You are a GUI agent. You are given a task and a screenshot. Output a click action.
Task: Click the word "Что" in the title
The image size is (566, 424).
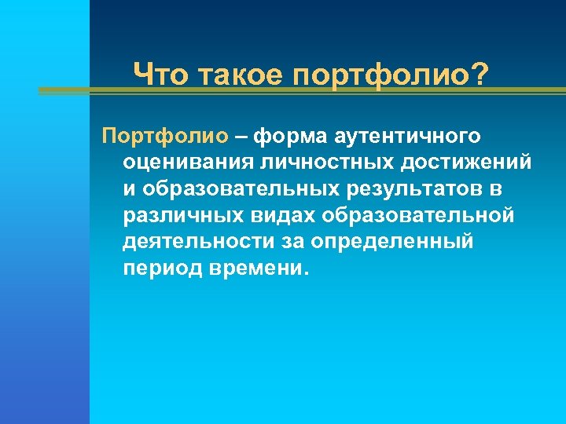point(160,77)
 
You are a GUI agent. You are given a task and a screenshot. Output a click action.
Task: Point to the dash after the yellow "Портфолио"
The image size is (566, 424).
point(239,137)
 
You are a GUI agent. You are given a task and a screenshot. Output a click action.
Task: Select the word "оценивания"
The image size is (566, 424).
point(184,163)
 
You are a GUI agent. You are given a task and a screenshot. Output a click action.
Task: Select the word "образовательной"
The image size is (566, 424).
point(420,216)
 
